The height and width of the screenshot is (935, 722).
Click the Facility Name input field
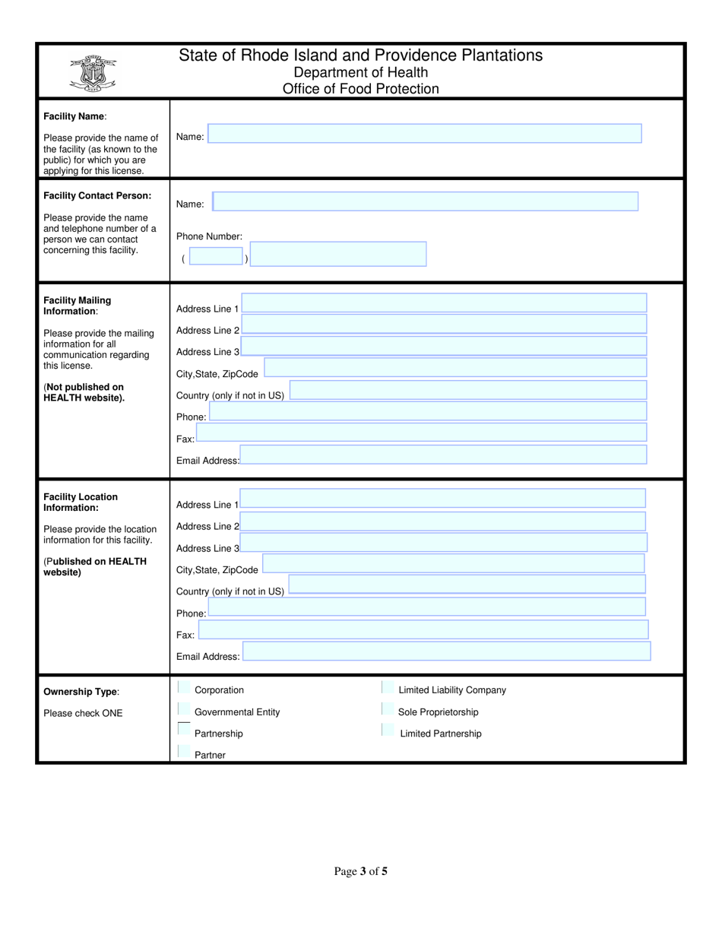click(x=425, y=134)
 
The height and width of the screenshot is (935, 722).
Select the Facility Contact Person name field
click(x=425, y=201)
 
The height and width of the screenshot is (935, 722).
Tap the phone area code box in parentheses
click(x=216, y=256)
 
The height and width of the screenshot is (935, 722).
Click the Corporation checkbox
click(x=183, y=688)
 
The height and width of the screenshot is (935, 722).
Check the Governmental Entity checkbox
click(x=183, y=710)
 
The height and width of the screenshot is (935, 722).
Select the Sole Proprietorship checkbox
click(x=387, y=710)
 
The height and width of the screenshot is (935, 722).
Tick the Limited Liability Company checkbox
click(x=387, y=688)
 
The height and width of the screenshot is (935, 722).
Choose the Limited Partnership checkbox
click(x=387, y=731)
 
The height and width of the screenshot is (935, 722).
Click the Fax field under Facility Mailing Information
click(x=421, y=433)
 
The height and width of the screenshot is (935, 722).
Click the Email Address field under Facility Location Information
click(x=446, y=651)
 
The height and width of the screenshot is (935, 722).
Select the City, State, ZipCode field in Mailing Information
click(x=454, y=368)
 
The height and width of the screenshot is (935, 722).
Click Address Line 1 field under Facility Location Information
click(x=442, y=499)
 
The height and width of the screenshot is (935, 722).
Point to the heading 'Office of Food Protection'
click(x=360, y=89)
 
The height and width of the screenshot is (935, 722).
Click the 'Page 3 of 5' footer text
click(x=360, y=871)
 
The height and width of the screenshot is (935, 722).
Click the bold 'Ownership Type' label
click(x=81, y=692)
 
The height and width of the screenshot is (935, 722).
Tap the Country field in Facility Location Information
click(x=467, y=585)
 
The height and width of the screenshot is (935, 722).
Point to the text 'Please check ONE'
click(x=83, y=713)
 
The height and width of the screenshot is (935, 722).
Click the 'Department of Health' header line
click(x=360, y=72)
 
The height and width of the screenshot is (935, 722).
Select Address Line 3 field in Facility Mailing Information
click(x=444, y=347)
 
